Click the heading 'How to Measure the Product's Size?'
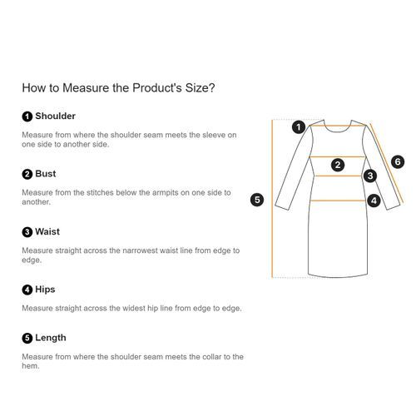tap(118, 88)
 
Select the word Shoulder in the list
tap(55, 116)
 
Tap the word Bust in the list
tap(46, 174)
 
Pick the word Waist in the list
tap(47, 231)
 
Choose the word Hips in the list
tap(45, 290)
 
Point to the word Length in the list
tap(51, 338)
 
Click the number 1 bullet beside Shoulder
tap(27, 116)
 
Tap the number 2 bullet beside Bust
tap(27, 174)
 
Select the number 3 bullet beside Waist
tap(27, 232)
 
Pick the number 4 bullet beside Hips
tap(27, 290)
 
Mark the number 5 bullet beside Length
tap(27, 338)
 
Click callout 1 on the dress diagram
tap(299, 127)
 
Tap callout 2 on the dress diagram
tap(338, 165)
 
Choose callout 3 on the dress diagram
tap(370, 176)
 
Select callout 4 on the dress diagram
tap(374, 201)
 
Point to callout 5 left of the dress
tap(257, 200)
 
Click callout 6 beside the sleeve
tap(398, 161)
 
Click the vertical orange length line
tap(272, 198)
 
